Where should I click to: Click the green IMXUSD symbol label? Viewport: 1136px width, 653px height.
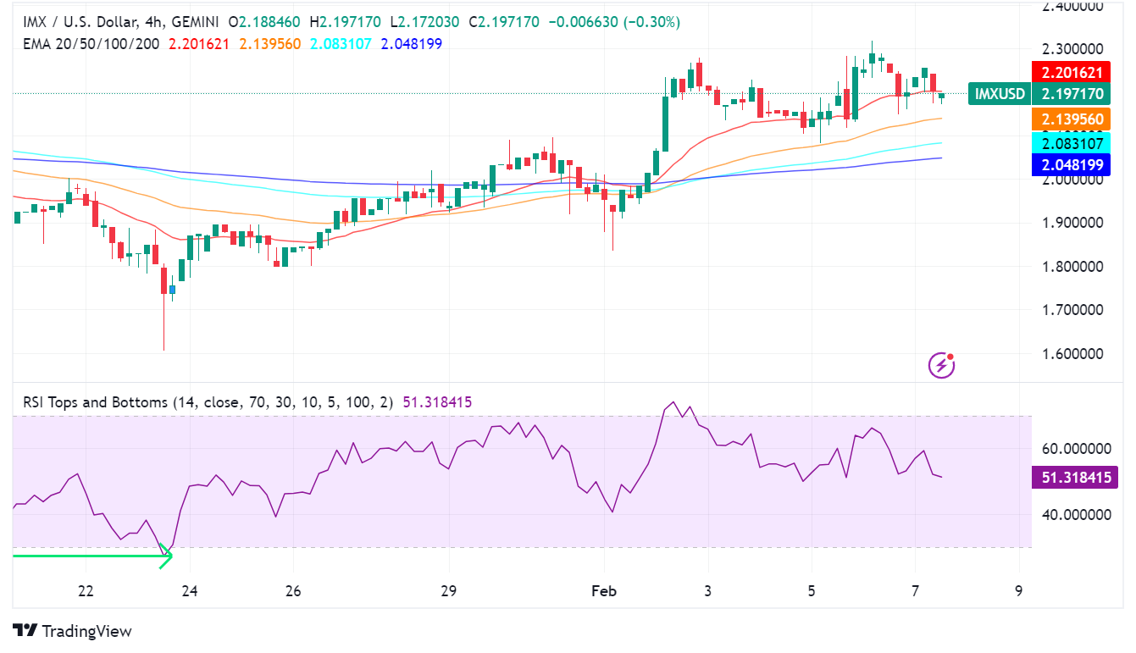click(1000, 93)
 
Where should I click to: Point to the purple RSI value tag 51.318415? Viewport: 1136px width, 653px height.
click(1075, 478)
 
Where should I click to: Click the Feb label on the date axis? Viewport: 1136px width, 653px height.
click(603, 590)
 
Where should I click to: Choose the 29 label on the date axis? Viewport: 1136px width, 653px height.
click(448, 590)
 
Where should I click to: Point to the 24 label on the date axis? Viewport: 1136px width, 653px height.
click(189, 590)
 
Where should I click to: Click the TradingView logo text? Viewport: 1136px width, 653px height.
click(86, 631)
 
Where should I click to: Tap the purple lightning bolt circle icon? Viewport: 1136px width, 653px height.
click(942, 365)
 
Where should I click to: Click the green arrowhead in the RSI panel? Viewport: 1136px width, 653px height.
click(167, 556)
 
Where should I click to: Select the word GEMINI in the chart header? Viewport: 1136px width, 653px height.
click(208, 21)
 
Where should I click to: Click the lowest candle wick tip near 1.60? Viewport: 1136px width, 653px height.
click(163, 350)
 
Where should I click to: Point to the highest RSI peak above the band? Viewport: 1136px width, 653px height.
click(673, 402)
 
